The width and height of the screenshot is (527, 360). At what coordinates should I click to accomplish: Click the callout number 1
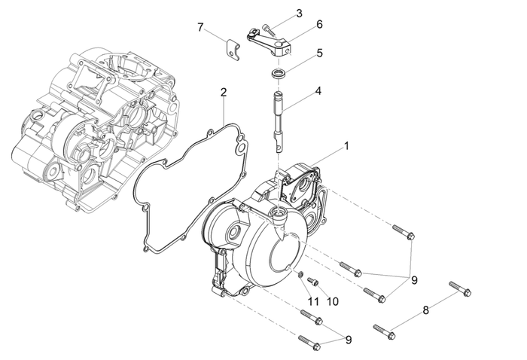347,146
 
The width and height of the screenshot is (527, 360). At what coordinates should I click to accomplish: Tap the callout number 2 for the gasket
224,93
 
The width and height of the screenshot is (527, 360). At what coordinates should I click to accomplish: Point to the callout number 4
318,90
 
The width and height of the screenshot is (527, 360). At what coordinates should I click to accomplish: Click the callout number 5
319,53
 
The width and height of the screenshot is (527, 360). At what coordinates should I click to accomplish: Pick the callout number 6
319,24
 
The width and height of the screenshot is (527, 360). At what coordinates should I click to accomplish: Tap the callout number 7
200,28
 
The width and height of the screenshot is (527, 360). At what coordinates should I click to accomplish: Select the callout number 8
425,310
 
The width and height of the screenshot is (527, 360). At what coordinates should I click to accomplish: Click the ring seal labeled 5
280,73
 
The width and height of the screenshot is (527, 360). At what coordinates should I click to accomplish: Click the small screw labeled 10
314,281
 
